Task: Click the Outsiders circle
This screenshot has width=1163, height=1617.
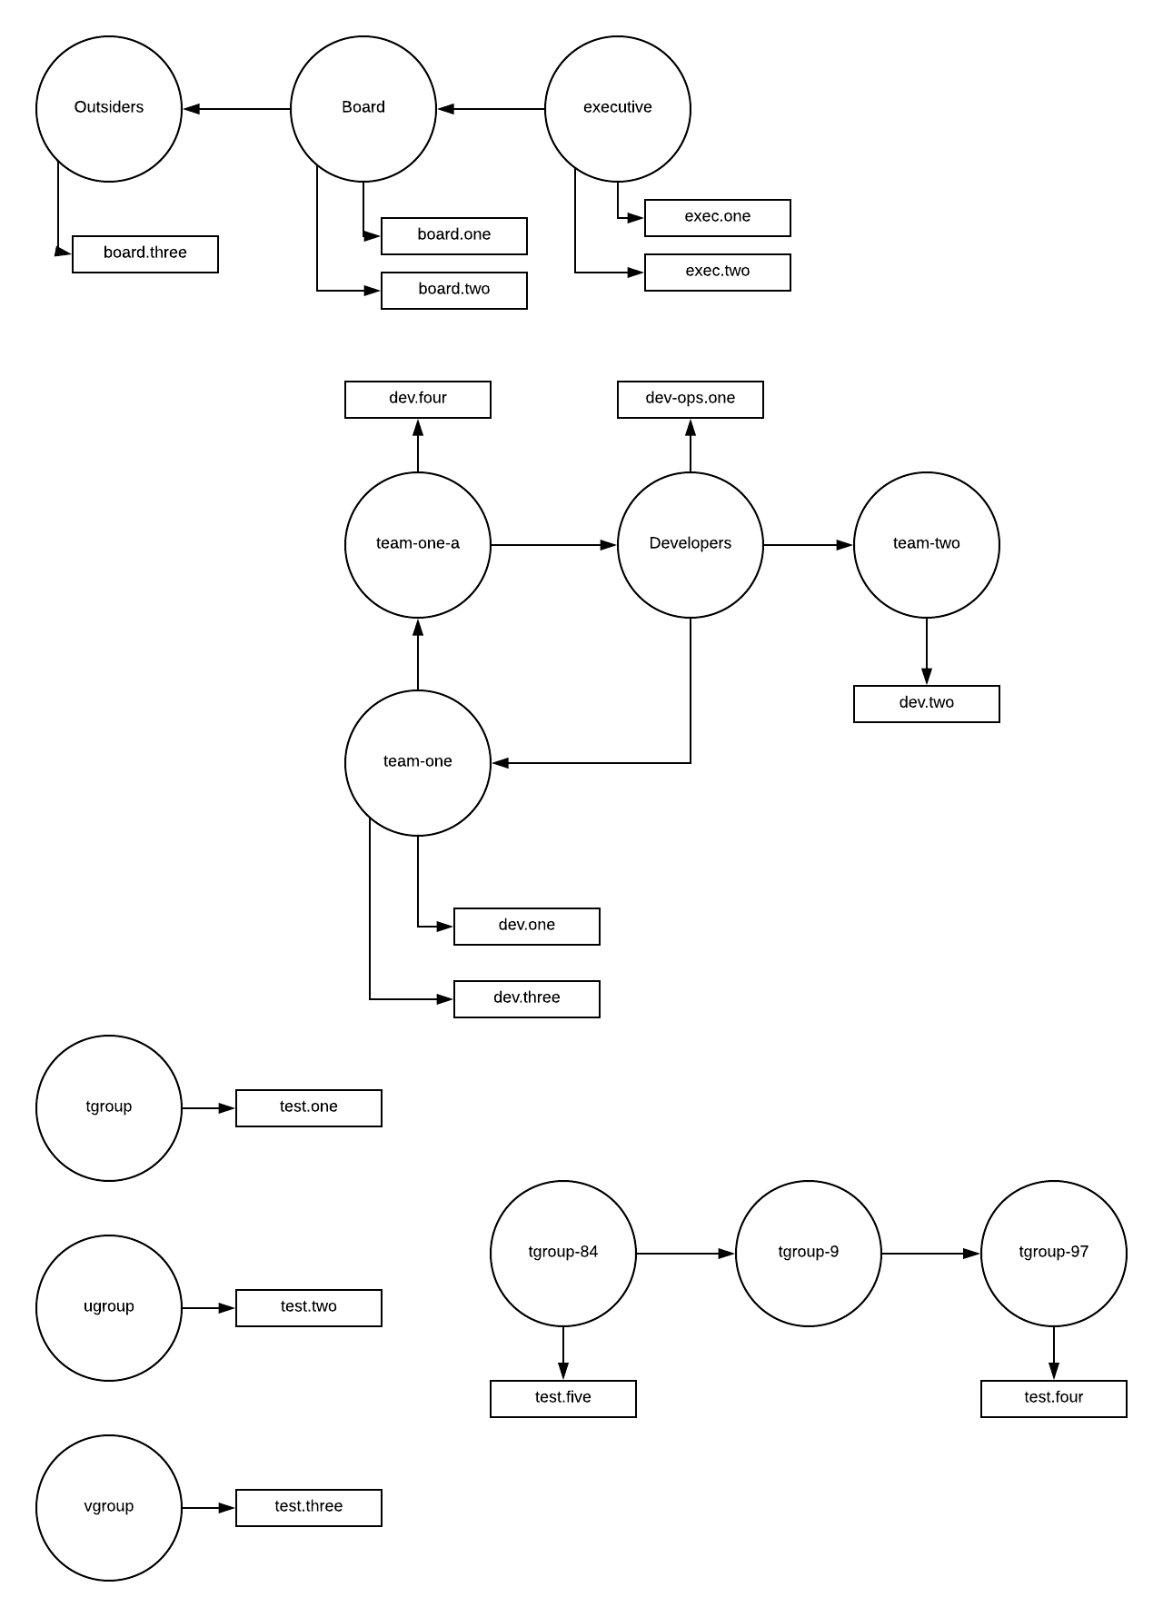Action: click(x=109, y=109)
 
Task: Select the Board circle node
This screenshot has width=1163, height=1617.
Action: click(x=363, y=109)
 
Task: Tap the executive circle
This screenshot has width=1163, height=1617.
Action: click(x=618, y=109)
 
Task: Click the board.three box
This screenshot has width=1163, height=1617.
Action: click(x=145, y=254)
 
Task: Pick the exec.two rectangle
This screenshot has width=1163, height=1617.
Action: click(x=718, y=273)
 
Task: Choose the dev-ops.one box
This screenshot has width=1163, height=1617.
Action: click(x=691, y=400)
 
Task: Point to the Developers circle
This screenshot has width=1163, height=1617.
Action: click(x=691, y=545)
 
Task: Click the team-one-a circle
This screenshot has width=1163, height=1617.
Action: click(x=418, y=545)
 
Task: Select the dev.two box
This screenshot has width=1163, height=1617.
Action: click(x=927, y=704)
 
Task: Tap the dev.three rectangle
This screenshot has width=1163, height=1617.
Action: click(x=527, y=999)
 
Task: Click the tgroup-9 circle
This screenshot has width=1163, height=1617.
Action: click(x=809, y=1254)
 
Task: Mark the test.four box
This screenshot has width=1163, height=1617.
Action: click(x=1054, y=1399)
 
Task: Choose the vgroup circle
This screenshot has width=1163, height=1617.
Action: click(x=109, y=1508)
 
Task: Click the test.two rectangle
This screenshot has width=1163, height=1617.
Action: click(x=309, y=1308)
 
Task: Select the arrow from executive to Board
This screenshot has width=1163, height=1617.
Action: click(x=491, y=109)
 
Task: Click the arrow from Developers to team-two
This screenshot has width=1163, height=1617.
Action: click(x=809, y=545)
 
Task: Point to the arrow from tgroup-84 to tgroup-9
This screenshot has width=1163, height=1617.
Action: click(x=686, y=1254)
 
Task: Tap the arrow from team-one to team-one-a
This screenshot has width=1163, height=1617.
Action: click(x=418, y=654)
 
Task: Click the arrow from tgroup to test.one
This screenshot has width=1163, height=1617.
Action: click(x=209, y=1108)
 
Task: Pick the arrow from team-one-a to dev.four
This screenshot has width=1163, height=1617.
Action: click(x=418, y=445)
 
